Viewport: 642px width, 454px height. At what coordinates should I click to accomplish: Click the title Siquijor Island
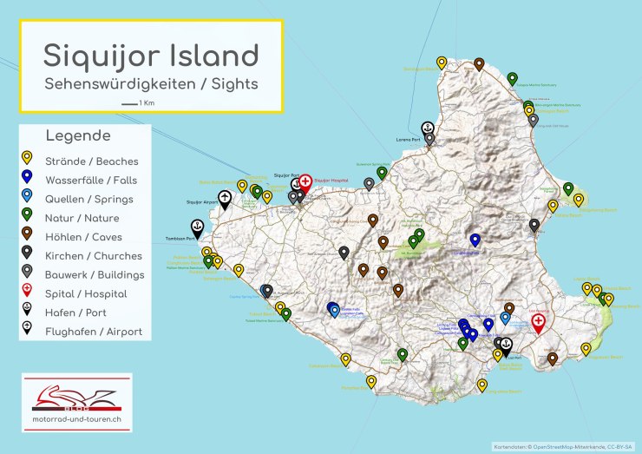151,56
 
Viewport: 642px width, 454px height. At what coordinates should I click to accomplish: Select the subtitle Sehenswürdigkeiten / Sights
151,84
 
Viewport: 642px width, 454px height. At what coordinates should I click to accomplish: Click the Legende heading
78,136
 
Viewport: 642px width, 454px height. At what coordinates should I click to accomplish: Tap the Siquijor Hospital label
331,181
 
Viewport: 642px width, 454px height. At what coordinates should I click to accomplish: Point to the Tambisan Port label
179,239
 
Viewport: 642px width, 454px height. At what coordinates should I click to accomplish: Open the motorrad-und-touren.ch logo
76,403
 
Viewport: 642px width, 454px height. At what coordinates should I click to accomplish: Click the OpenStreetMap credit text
564,447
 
